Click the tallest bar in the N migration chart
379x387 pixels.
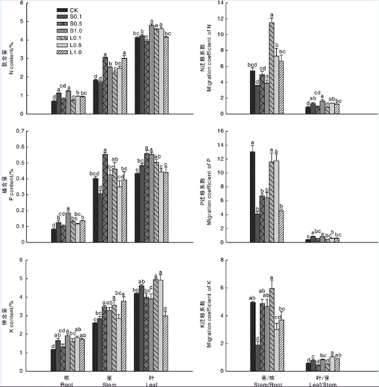point(271,68)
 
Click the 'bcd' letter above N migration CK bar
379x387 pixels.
point(252,64)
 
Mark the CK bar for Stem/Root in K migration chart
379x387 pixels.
point(252,337)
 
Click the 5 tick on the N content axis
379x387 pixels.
point(39,22)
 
